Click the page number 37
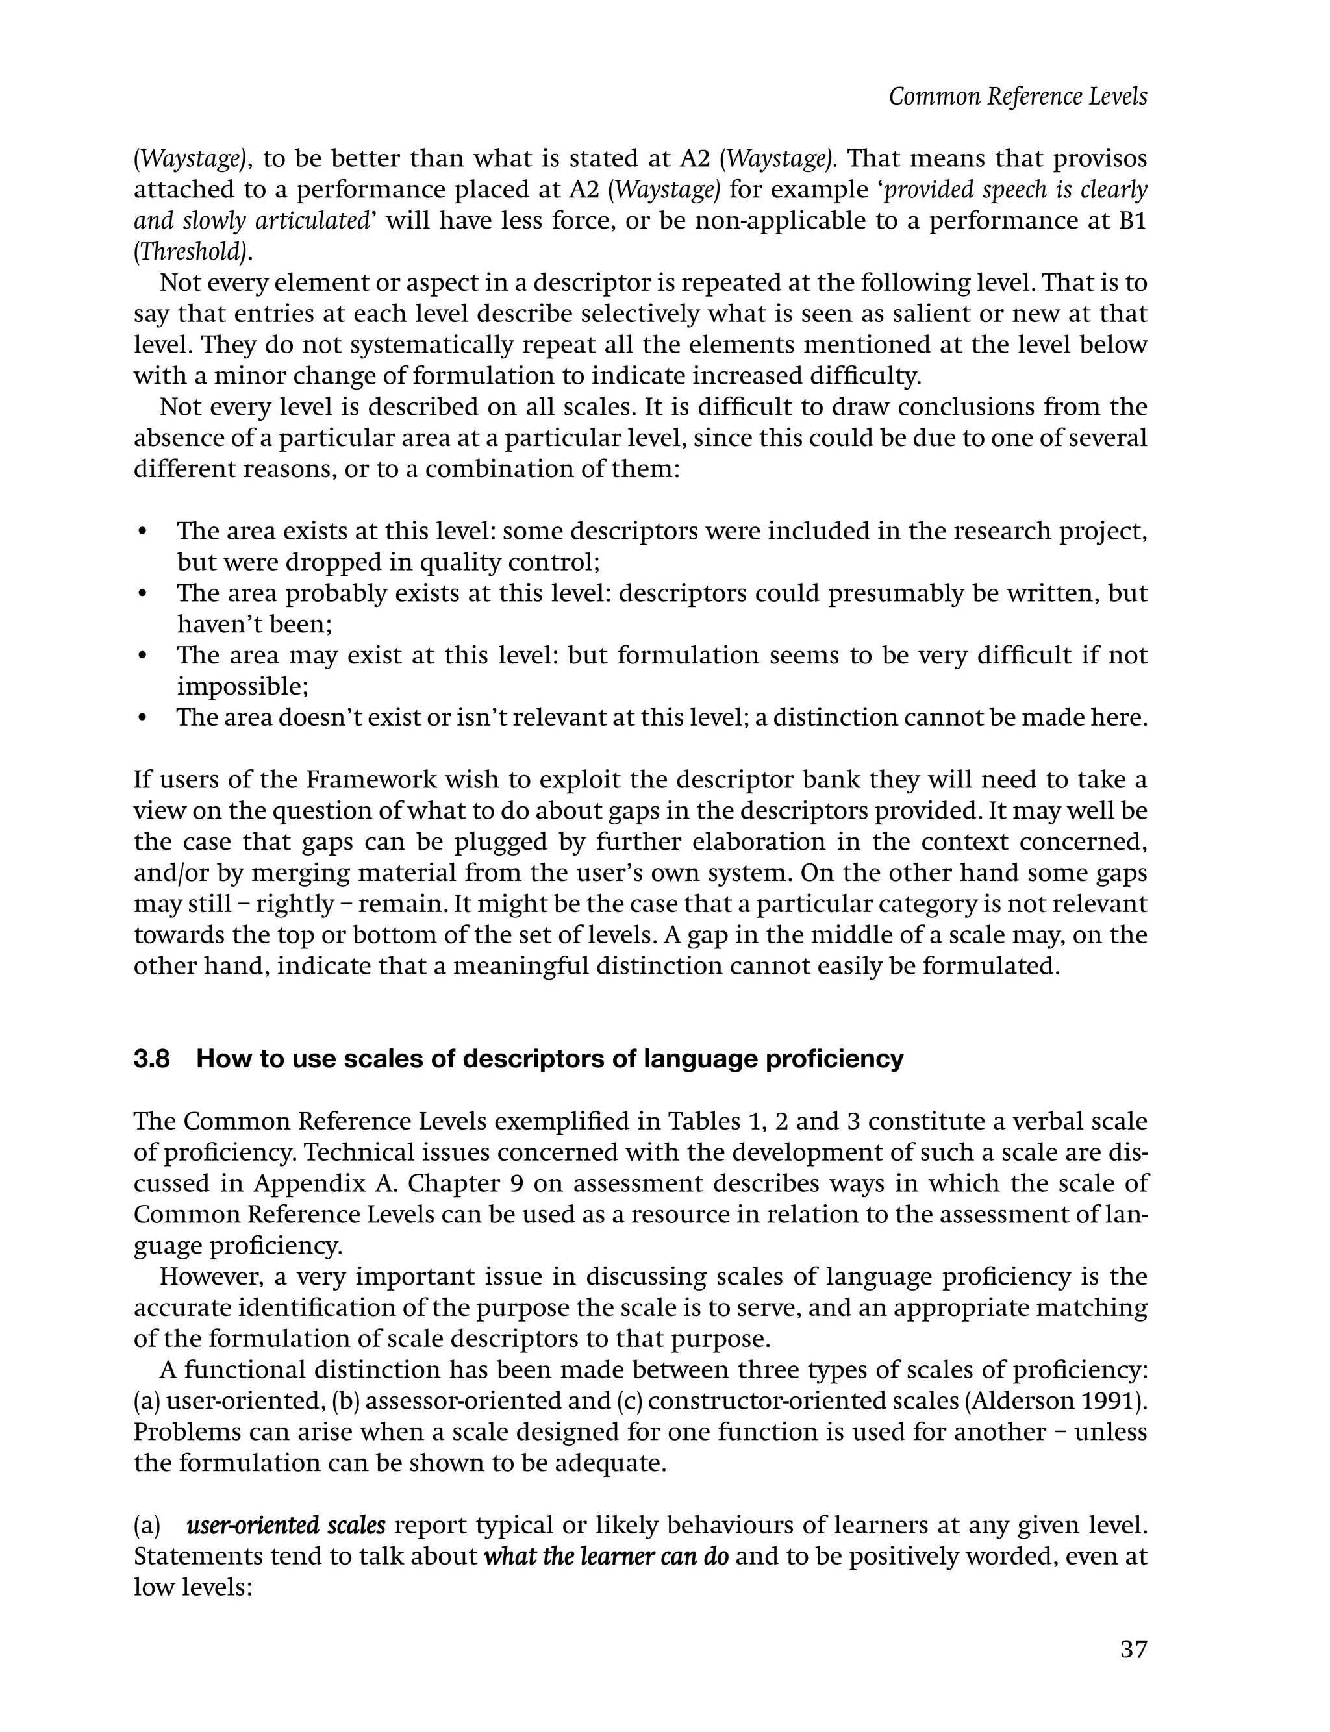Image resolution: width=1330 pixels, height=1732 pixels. pyautogui.click(x=1133, y=1650)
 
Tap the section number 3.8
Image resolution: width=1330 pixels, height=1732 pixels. pyautogui.click(x=151, y=1059)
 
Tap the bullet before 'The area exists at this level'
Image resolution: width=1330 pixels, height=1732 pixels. pyautogui.click(x=142, y=532)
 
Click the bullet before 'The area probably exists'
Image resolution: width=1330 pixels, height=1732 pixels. pyautogui.click(x=142, y=594)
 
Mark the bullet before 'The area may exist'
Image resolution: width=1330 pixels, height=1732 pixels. pyautogui.click(x=142, y=656)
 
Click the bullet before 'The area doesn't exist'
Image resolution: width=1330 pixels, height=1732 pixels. pyautogui.click(x=142, y=719)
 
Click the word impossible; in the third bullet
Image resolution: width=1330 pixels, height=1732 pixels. pyautogui.click(x=242, y=686)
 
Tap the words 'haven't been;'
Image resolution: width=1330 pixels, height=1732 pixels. pyautogui.click(x=254, y=625)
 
